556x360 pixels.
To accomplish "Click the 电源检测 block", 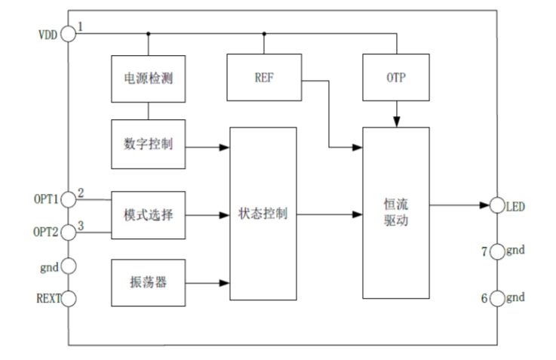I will [148, 78].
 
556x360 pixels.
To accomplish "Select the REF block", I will [263, 78].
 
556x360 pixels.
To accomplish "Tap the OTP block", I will [395, 78].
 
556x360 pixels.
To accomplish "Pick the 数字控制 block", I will [148, 143].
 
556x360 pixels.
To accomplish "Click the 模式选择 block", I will [148, 215].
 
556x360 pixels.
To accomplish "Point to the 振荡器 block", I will [148, 283].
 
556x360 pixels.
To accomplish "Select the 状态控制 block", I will [263, 214].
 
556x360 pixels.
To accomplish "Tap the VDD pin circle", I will [68, 33].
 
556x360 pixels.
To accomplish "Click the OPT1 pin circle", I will [68, 199].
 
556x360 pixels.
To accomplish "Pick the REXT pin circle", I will [68, 297].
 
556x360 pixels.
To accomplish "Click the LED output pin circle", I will [497, 205].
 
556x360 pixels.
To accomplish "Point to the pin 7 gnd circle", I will [497, 251].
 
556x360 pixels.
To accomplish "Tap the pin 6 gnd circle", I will [497, 298].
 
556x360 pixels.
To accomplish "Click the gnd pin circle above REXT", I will [68, 265].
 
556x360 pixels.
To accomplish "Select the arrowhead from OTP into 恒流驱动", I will [396, 122].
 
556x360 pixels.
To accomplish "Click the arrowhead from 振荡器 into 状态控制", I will [224, 283].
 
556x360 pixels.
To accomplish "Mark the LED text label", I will [515, 206].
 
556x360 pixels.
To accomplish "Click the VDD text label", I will [47, 35].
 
